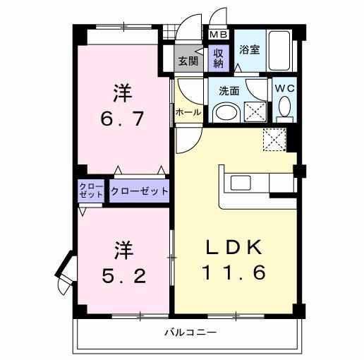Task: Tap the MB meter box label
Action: tap(216, 34)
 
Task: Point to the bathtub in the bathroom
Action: tap(282, 50)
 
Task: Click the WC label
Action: tap(284, 88)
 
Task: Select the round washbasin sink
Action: tap(226, 112)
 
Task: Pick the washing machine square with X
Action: tap(255, 112)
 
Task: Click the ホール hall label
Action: tap(188, 112)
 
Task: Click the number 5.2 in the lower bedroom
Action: tap(124, 274)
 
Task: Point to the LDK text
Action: tap(235, 248)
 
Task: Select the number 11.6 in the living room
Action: tap(236, 272)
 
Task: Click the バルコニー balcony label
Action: tap(190, 332)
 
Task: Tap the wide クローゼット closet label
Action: tap(140, 191)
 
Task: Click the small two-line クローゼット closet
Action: tap(92, 191)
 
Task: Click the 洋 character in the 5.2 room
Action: tap(124, 249)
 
